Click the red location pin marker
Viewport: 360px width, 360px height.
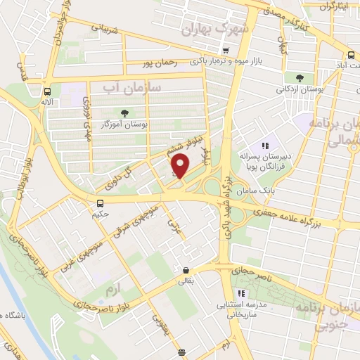181,166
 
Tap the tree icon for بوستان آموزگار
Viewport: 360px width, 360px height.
125,112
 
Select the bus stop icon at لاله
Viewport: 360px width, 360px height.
47,91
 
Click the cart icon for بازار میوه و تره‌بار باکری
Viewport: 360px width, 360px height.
225,51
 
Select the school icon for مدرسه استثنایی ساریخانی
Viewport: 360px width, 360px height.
241,292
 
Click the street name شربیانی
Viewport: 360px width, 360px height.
104,29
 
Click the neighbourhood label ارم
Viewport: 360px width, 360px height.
107,290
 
